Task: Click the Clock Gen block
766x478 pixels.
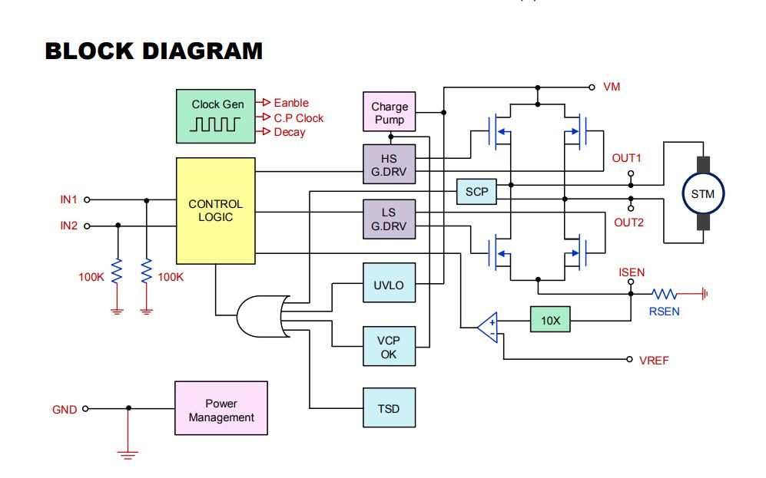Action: click(x=215, y=116)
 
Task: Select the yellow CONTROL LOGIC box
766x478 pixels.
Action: click(x=215, y=211)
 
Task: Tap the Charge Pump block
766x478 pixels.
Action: click(x=390, y=112)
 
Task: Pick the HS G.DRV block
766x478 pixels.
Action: click(x=390, y=164)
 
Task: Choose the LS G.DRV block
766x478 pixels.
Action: click(x=390, y=219)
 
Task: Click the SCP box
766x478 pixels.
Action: click(x=476, y=192)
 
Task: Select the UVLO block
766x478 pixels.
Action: click(x=390, y=283)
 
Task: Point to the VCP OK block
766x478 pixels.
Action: click(x=390, y=346)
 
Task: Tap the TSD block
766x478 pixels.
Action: click(x=390, y=407)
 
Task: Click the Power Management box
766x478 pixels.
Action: click(x=221, y=408)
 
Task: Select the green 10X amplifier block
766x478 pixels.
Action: click(x=550, y=319)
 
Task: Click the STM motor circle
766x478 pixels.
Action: click(x=703, y=193)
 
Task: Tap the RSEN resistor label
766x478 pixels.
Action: click(x=664, y=312)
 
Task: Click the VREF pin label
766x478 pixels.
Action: click(x=654, y=361)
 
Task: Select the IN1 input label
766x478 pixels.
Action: click(x=68, y=199)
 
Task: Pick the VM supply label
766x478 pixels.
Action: click(x=612, y=87)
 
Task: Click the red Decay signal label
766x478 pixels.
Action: click(x=290, y=132)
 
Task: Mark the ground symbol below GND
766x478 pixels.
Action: click(x=128, y=454)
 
